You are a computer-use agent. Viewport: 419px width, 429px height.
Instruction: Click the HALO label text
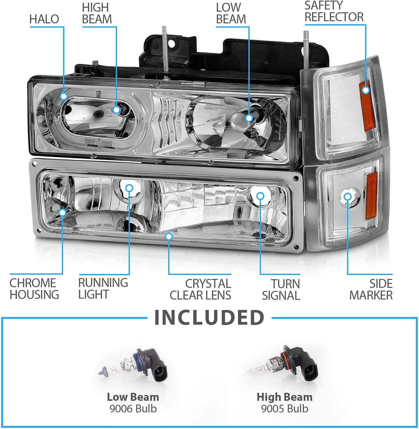click(x=44, y=19)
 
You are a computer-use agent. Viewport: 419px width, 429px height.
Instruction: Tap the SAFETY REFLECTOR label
click(x=334, y=11)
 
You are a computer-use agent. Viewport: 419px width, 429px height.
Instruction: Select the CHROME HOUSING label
click(x=34, y=289)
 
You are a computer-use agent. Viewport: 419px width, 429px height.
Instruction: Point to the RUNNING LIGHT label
click(x=103, y=288)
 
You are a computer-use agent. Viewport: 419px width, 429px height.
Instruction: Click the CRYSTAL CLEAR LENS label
click(x=200, y=289)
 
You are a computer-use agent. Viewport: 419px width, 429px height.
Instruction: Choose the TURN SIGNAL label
click(x=281, y=290)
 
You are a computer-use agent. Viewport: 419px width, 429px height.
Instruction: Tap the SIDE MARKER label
click(x=371, y=289)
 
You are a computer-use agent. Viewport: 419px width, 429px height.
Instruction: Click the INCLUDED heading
click(x=209, y=317)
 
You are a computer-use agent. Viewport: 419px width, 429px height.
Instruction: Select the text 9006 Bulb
click(x=133, y=409)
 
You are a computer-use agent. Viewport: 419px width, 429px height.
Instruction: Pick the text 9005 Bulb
click(x=285, y=409)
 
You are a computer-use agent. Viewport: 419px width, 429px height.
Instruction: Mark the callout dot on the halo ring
click(x=64, y=96)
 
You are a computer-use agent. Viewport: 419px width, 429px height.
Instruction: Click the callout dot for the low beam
click(x=249, y=118)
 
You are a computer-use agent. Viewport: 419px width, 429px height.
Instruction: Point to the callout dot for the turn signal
click(x=260, y=196)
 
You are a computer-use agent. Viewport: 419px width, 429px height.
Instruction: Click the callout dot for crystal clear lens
click(x=169, y=237)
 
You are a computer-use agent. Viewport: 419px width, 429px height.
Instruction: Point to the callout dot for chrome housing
click(x=63, y=213)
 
